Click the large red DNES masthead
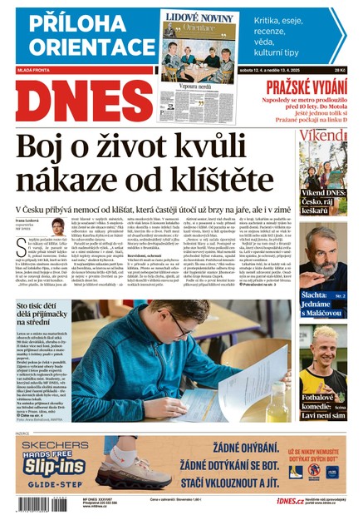coord(79,102)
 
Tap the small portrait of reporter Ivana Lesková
coord(59,226)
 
